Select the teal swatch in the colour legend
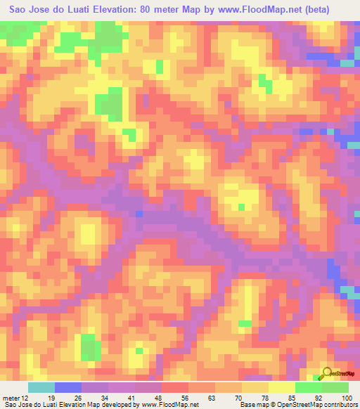[x=41, y=387]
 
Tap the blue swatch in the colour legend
[x=68, y=387]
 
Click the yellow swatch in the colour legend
[x=281, y=387]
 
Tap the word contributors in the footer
[x=337, y=404]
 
